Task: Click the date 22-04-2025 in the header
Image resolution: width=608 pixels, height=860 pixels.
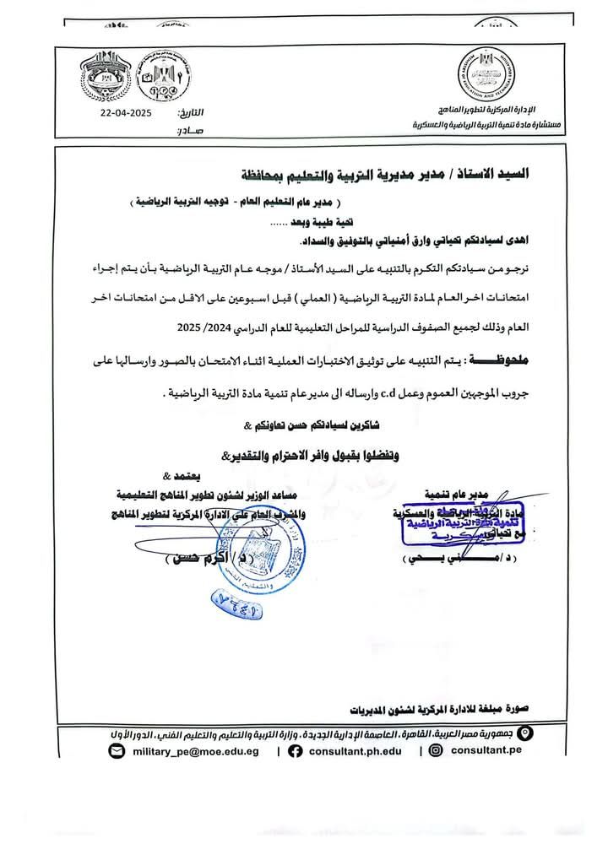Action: point(126,111)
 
